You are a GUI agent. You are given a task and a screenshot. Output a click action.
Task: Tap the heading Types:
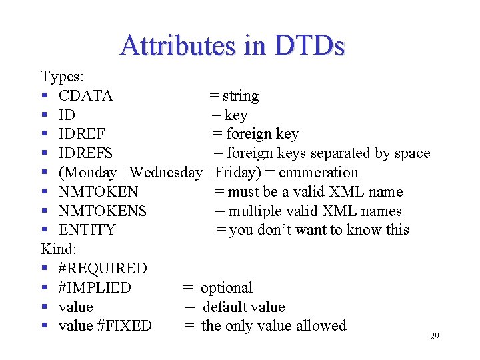click(x=62, y=77)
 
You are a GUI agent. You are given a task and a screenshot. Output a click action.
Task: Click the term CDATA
click(x=85, y=96)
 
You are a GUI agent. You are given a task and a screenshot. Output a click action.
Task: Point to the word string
click(x=241, y=96)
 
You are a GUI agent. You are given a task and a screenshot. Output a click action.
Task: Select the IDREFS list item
click(x=85, y=153)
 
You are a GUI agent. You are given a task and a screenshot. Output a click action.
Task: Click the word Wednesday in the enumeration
click(x=166, y=173)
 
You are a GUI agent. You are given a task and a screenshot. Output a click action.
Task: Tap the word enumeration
click(x=318, y=173)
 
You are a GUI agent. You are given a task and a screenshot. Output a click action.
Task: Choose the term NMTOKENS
click(x=103, y=211)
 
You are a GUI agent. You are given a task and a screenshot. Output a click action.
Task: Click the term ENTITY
click(x=87, y=230)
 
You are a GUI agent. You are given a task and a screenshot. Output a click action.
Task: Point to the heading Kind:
click(x=59, y=249)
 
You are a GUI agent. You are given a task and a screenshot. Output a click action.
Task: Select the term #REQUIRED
click(x=103, y=269)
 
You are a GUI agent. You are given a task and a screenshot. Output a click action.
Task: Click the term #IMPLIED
click(x=95, y=288)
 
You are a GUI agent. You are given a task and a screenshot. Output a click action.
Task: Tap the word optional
click(x=227, y=288)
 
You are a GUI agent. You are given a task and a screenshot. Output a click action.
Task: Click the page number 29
click(x=434, y=336)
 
